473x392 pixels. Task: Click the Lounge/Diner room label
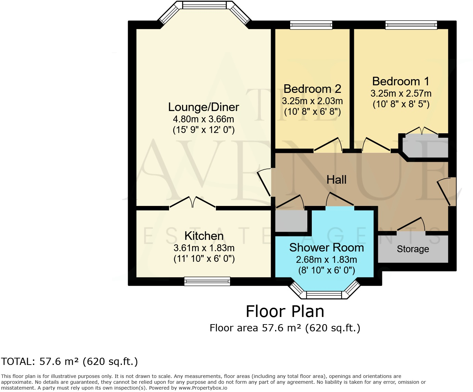(x=203, y=107)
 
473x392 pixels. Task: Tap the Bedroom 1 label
(x=401, y=81)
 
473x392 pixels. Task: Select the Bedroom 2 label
(x=312, y=89)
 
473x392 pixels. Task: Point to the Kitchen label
(x=204, y=236)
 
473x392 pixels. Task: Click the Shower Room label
(x=327, y=247)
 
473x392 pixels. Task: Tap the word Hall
(x=336, y=180)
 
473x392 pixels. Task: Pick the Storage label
(x=413, y=249)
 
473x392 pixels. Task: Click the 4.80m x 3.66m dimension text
(x=203, y=119)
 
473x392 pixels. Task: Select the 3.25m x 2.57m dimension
(x=401, y=94)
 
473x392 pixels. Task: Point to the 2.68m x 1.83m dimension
(x=327, y=259)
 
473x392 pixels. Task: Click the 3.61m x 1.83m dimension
(x=204, y=248)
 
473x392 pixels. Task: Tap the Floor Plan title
(x=285, y=311)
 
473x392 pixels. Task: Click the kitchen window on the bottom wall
(x=207, y=281)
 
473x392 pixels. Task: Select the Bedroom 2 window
(x=311, y=25)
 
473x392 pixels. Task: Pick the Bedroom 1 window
(x=411, y=25)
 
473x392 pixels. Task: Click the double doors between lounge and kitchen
(x=193, y=202)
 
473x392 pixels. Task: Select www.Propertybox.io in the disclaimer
(x=203, y=388)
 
